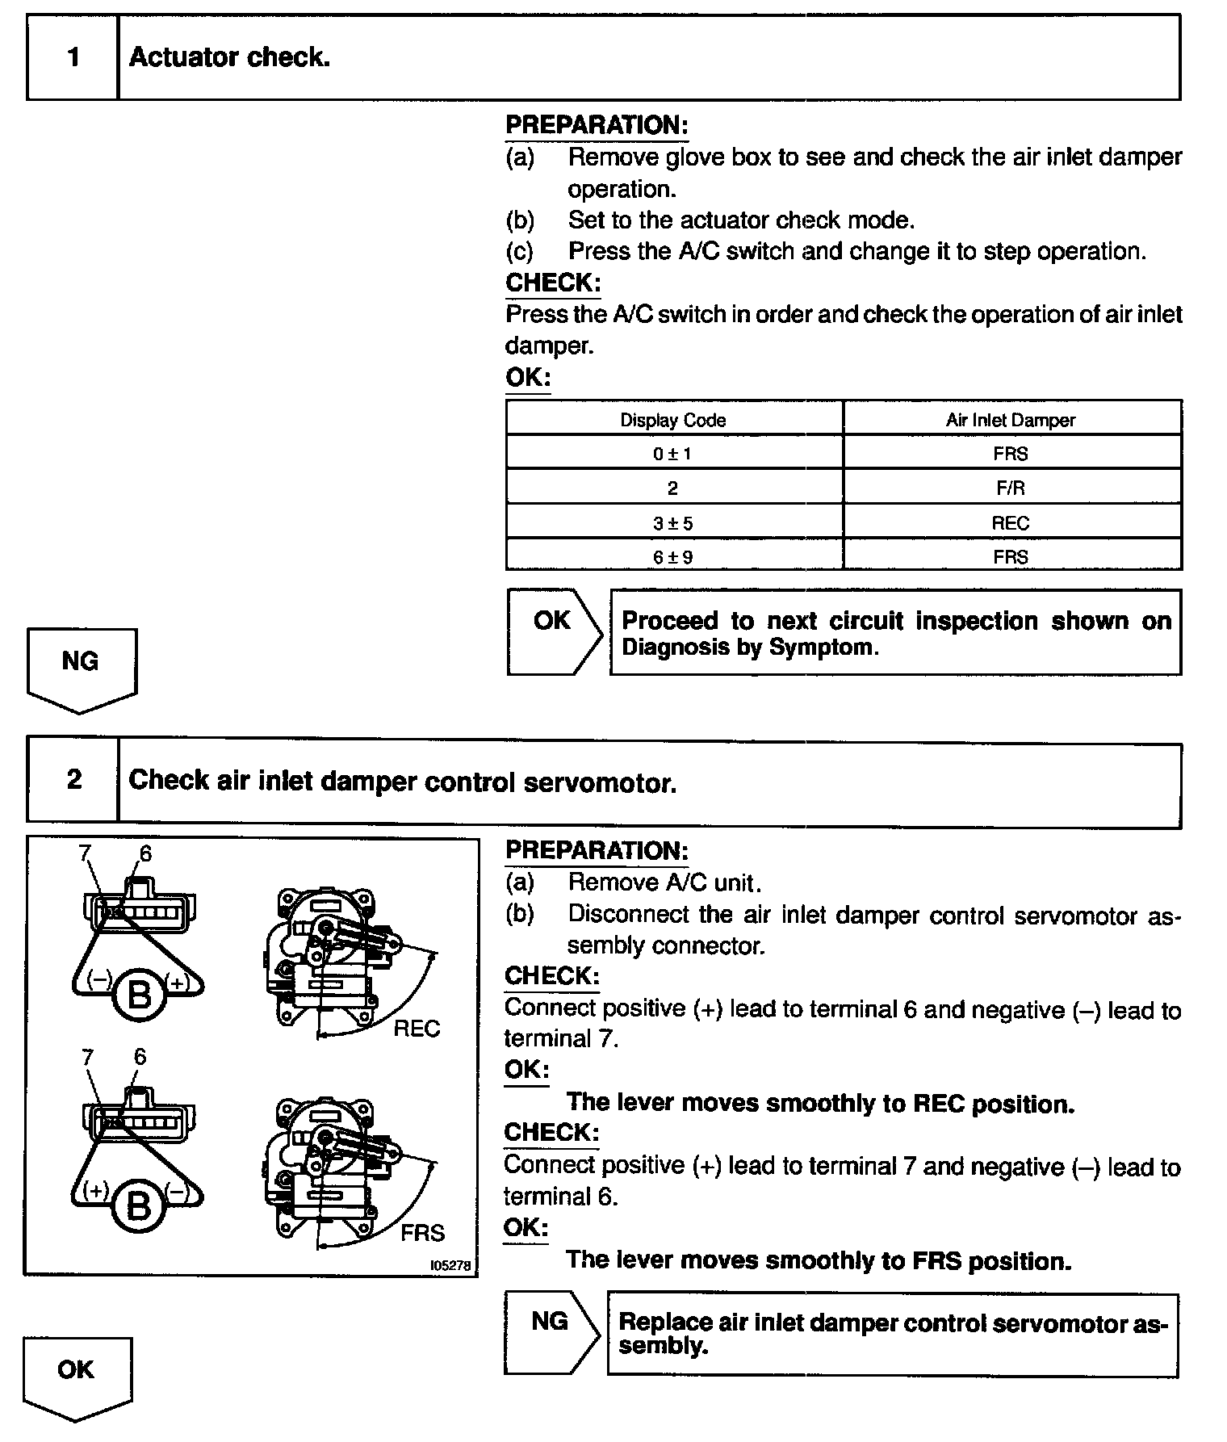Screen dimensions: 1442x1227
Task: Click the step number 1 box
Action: pos(73,57)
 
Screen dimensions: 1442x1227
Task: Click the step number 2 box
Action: pos(73,780)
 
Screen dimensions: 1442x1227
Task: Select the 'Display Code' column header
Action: pos(672,420)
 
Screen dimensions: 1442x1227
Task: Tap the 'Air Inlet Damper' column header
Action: pos(1011,420)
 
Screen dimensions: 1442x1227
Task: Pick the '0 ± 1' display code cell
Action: pos(672,454)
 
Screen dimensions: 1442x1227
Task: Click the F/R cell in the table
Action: pos(1011,488)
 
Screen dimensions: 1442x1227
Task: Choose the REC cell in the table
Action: pos(1011,523)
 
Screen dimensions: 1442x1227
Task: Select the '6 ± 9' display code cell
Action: pos(672,557)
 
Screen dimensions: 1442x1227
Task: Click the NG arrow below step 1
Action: pos(81,667)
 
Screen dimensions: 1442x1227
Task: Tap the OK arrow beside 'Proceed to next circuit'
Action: pos(553,630)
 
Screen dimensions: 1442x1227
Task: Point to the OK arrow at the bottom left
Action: pos(77,1377)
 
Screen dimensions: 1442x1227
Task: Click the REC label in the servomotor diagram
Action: pos(417,1029)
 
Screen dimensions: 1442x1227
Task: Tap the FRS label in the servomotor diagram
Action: pos(422,1233)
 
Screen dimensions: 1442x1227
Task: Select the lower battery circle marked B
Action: pos(139,1207)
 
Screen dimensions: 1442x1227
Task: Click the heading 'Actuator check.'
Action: pos(229,57)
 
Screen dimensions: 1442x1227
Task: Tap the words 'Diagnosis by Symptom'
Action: pos(748,648)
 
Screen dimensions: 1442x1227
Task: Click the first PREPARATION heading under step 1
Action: pos(597,125)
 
